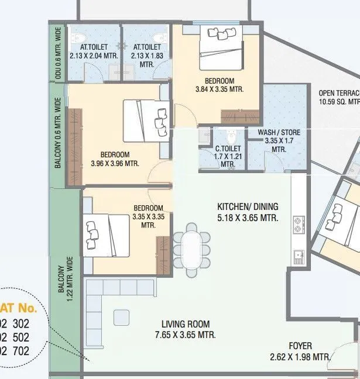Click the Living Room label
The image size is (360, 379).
pos(186,325)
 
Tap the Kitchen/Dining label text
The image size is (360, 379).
pos(248,207)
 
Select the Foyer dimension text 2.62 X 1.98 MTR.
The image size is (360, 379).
pos(300,357)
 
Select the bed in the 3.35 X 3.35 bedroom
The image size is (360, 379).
pos(105,235)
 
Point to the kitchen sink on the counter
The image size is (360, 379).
pos(298,255)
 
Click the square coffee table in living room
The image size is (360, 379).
pos(121,317)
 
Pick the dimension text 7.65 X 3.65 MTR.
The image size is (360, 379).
pos(186,335)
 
